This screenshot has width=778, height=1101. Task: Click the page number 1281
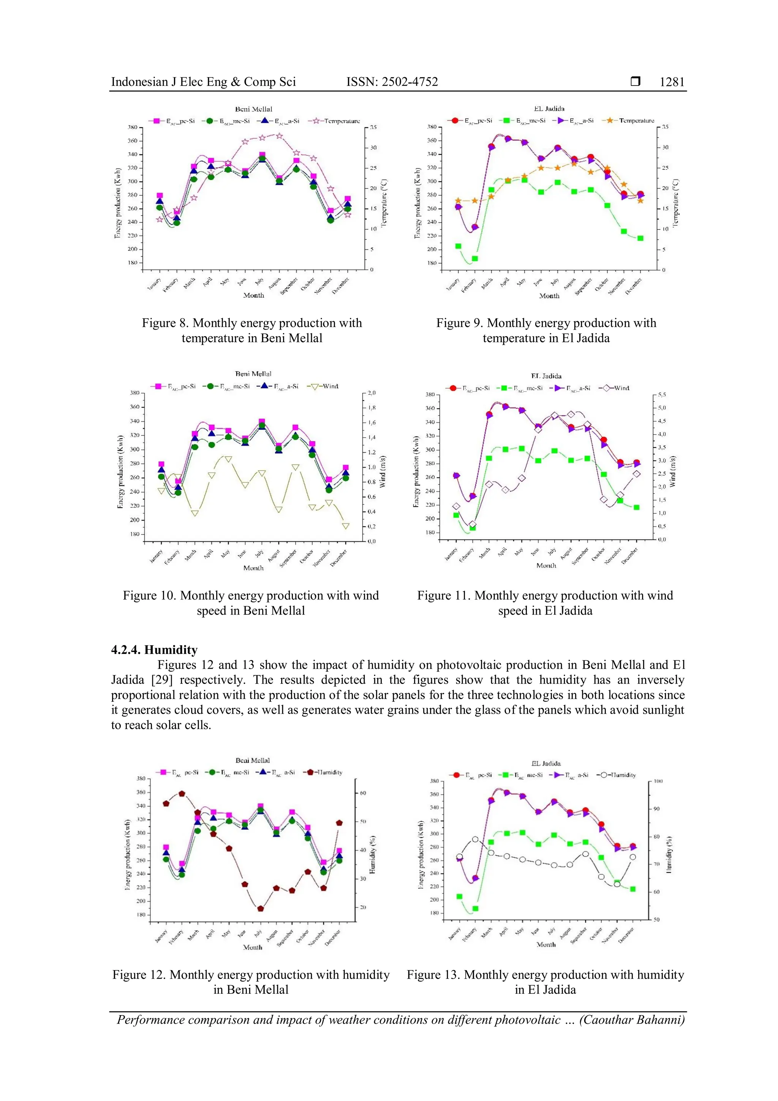[x=672, y=82]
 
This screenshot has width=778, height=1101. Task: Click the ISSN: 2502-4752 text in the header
[x=392, y=82]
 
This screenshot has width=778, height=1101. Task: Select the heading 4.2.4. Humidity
[x=154, y=650]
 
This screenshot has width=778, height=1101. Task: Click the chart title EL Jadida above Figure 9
[x=549, y=109]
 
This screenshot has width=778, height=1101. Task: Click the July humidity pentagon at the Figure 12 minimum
[x=261, y=909]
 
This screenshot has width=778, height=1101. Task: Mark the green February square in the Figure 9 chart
[x=475, y=259]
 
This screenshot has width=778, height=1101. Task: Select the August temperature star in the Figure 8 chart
[x=280, y=136]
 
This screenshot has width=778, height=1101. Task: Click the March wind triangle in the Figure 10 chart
[x=195, y=513]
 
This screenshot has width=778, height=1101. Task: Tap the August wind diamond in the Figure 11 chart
[x=571, y=414]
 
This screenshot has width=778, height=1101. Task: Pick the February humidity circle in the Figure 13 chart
[x=475, y=839]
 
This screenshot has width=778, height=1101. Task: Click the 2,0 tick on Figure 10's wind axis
[x=372, y=393]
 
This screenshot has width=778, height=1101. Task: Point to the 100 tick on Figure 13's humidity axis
[x=658, y=781]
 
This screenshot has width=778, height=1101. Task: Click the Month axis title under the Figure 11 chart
[x=546, y=565]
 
